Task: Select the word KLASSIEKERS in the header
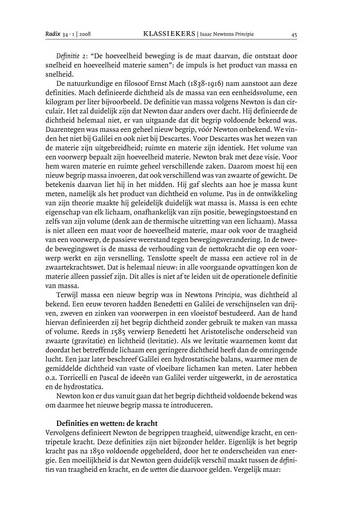168,35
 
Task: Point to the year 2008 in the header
86,35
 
